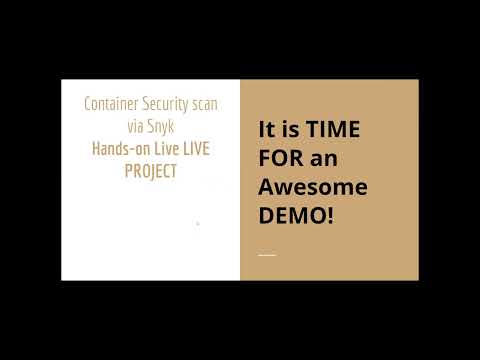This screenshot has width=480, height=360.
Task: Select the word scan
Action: coord(203,104)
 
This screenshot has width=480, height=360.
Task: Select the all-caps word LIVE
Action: coord(200,148)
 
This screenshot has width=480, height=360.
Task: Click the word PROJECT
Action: coord(150,170)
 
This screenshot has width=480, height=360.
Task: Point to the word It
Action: coord(266,130)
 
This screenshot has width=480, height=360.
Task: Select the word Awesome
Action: coord(313,187)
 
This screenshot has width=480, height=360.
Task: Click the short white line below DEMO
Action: coord(267,255)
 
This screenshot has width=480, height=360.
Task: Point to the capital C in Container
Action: coord(88,104)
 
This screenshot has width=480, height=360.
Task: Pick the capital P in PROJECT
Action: coord(129,170)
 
